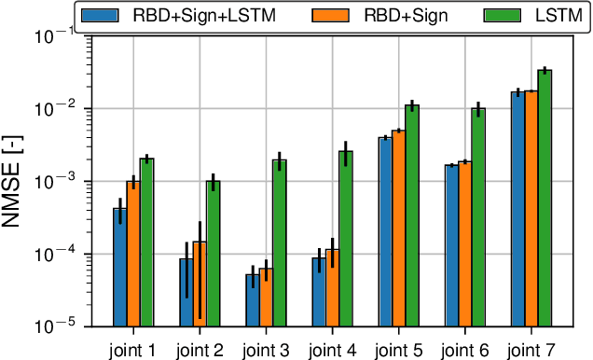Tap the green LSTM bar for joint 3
pos(280,242)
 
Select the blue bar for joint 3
pos(253,299)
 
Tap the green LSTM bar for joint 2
pos(213,253)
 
